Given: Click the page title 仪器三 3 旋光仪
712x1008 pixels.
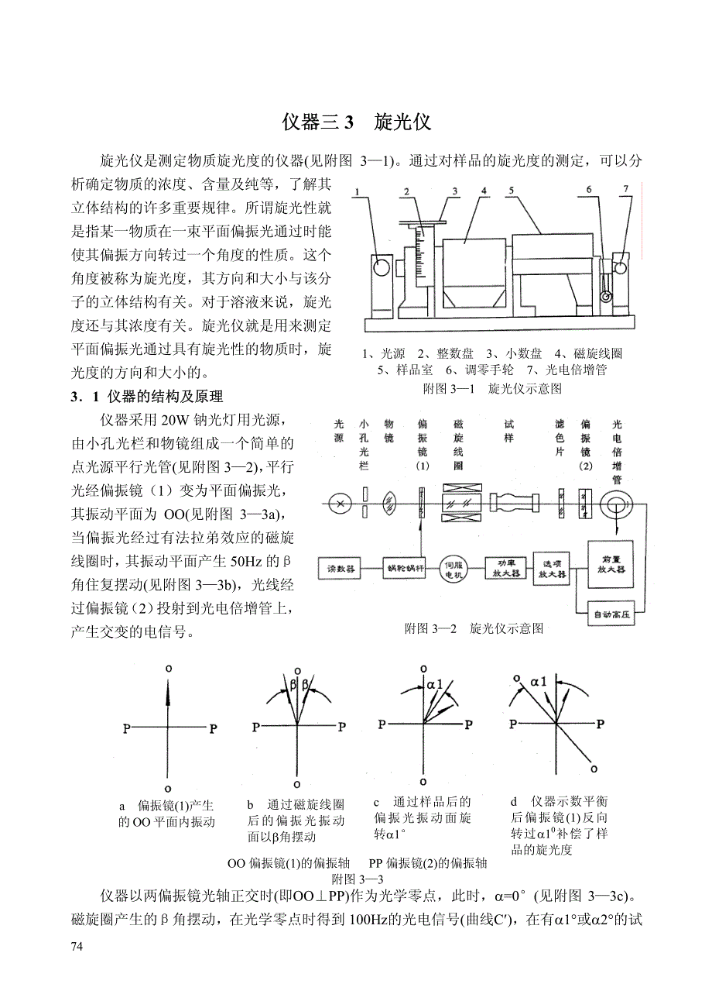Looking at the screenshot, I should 356,122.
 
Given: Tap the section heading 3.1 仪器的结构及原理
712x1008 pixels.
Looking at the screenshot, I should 146,397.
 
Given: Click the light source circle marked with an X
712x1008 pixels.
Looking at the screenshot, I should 338,502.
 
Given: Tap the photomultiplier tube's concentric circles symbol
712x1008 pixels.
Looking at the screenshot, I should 617,502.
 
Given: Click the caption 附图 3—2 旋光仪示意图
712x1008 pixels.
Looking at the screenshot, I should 474,628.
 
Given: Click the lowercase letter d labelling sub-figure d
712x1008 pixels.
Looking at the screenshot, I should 514,802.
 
